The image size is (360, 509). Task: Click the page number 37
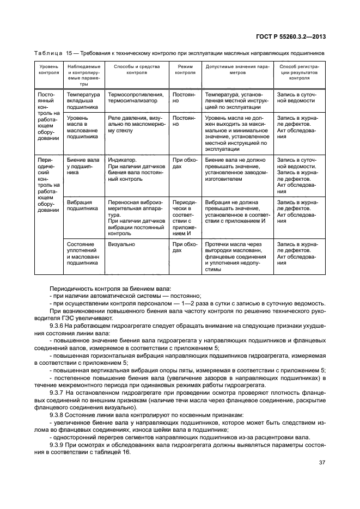[x=321, y=463]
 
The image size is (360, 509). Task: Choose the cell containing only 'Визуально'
[x=121, y=245]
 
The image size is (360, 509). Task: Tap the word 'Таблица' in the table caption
[x=47, y=53]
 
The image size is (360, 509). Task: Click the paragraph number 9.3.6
[x=58, y=325]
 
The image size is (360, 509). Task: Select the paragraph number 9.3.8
[x=58, y=414]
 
